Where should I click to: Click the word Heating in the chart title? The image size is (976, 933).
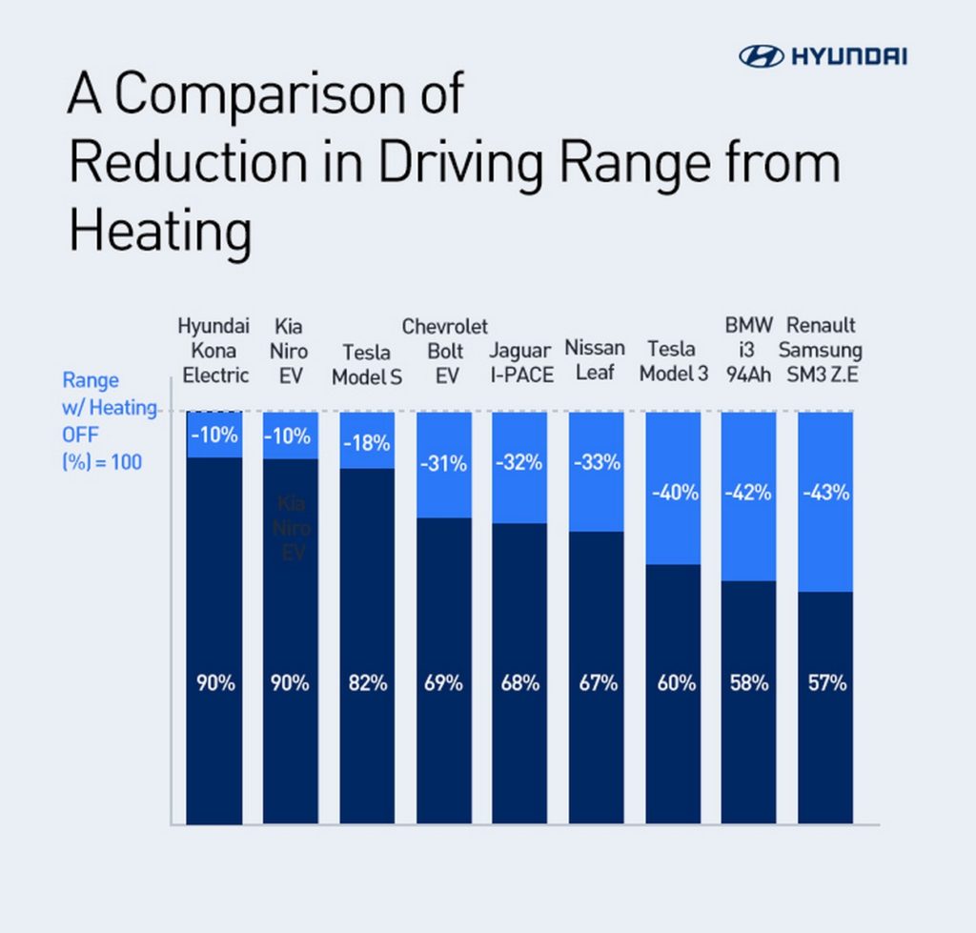(x=160, y=232)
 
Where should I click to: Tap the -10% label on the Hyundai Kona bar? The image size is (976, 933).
(x=213, y=436)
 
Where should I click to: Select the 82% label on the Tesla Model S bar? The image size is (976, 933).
(x=367, y=683)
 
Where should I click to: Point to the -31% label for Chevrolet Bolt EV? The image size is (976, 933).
(x=443, y=464)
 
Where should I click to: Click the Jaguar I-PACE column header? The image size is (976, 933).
(x=520, y=363)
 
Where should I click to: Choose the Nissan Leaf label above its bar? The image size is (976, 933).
(x=595, y=359)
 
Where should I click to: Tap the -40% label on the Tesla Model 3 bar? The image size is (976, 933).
(x=674, y=494)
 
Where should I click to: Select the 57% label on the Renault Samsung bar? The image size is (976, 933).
(x=825, y=683)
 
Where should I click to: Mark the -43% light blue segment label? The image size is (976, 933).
(x=825, y=494)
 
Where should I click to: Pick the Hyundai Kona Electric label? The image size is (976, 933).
(x=214, y=350)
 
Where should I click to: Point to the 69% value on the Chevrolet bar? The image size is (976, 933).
(x=443, y=683)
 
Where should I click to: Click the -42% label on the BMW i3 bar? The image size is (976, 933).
(x=748, y=494)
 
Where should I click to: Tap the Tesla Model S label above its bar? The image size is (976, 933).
(x=367, y=364)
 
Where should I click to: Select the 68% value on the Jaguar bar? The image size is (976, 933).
(x=520, y=683)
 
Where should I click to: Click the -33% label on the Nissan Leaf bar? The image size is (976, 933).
(x=597, y=463)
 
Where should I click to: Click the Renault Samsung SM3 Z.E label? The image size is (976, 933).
(x=823, y=349)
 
